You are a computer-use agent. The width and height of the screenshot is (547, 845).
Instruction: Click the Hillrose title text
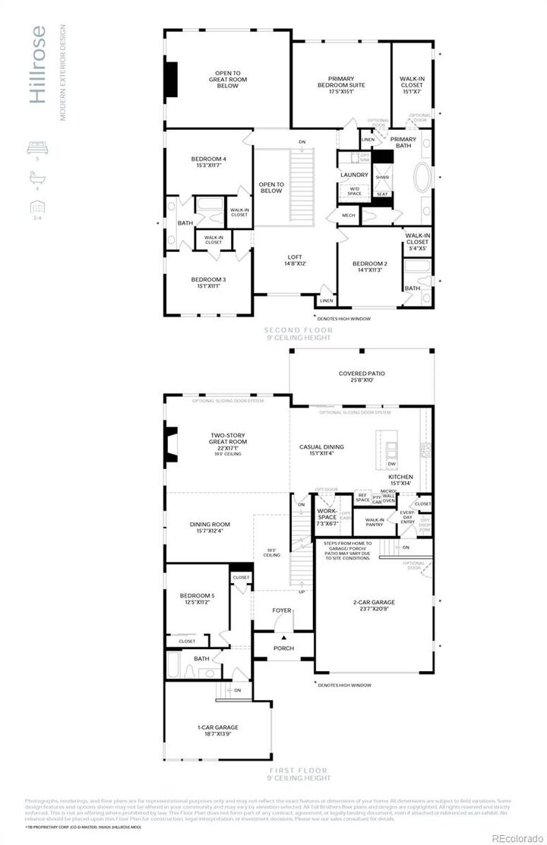click(39, 64)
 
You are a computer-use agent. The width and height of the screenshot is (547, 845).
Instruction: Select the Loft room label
click(295, 260)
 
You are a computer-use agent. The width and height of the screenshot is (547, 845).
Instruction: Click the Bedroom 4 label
click(208, 162)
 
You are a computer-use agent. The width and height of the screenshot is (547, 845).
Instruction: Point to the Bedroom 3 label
click(208, 282)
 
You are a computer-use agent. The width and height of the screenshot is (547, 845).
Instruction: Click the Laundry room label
click(354, 175)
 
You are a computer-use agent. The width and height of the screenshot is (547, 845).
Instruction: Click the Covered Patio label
click(361, 377)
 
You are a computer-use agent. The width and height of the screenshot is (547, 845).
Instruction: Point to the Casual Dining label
click(321, 450)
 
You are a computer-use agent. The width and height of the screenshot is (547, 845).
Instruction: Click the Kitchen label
click(400, 480)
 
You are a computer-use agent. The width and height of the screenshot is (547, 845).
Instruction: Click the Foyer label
click(283, 610)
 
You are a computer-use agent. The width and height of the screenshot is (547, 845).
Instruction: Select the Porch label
click(283, 648)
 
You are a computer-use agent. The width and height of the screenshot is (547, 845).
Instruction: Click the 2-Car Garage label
click(374, 606)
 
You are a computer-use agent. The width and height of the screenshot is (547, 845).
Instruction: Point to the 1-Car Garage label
click(215, 730)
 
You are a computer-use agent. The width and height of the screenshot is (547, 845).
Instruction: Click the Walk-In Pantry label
click(375, 521)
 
